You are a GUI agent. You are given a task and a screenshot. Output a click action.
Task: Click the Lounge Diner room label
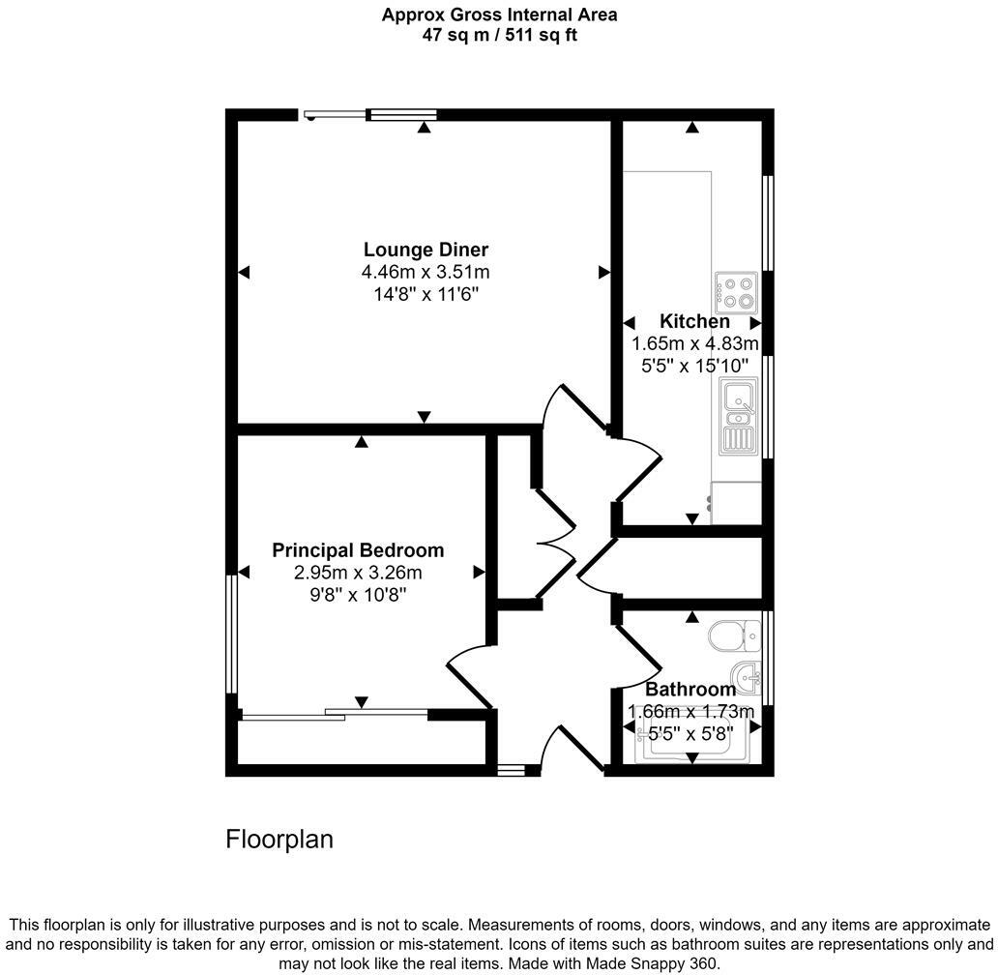coord(426,250)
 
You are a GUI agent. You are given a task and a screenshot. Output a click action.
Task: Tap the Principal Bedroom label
coord(358,550)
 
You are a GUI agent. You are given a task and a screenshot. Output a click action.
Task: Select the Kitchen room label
coord(694,321)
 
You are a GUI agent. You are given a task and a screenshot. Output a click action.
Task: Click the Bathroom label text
coord(690,690)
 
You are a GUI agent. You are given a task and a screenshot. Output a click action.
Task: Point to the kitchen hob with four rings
coord(737,293)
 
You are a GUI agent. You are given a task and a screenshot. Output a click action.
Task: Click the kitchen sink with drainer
coord(740,416)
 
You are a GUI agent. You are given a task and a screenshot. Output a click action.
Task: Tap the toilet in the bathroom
coord(732,636)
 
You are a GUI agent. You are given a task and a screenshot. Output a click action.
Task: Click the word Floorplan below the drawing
coord(279,839)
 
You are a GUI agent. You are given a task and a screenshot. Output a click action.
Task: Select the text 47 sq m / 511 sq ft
coord(500,35)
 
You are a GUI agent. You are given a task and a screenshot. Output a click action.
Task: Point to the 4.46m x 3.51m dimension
coord(426,272)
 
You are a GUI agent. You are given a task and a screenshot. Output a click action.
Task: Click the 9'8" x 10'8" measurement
coord(358,594)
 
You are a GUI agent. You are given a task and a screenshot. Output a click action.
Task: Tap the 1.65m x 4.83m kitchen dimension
coord(694,343)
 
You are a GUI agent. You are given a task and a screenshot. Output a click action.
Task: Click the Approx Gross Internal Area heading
coord(500,15)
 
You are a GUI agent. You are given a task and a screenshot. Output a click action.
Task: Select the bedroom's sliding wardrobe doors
coord(334,715)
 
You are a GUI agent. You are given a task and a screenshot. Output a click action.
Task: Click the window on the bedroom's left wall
coord(232,634)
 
